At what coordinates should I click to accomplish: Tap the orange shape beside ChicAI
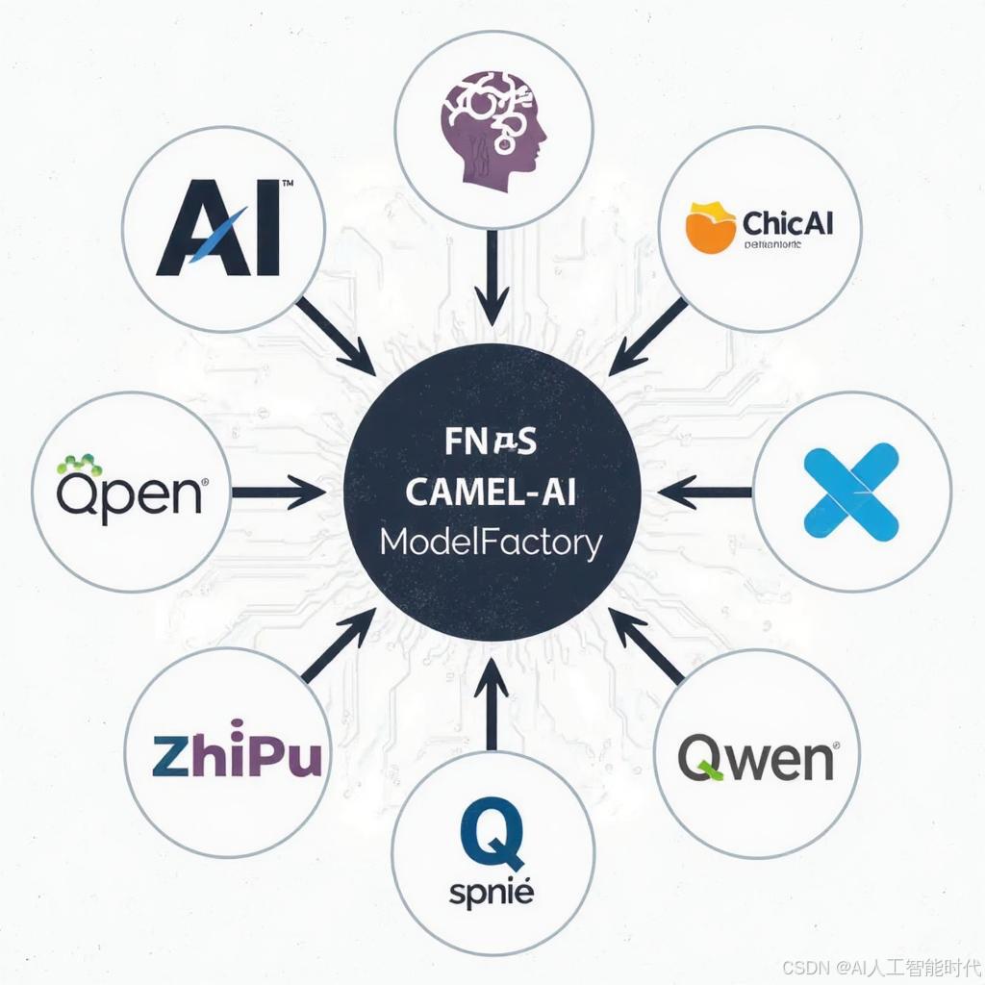tap(710, 227)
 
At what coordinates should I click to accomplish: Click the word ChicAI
tap(786, 222)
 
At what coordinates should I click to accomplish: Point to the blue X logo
tap(851, 491)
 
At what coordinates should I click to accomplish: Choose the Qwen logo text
tap(756, 758)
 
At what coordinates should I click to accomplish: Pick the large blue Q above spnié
tap(492, 833)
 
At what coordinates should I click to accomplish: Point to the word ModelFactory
tap(491, 543)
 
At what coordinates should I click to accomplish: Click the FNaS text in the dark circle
tap(492, 443)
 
